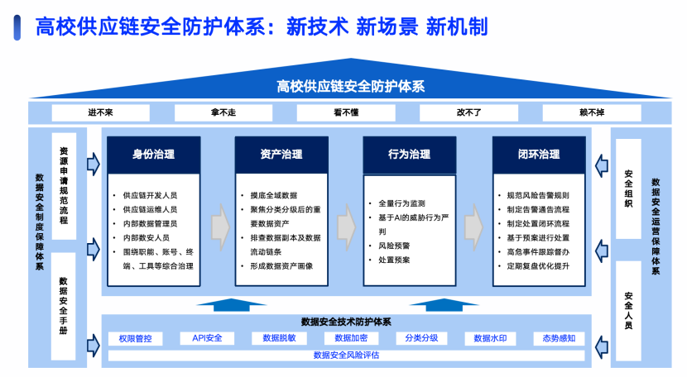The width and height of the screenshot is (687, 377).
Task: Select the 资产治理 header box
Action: coord(281,154)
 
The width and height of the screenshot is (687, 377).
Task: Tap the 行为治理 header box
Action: coord(409,154)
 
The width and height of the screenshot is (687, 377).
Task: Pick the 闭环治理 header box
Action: coord(539,154)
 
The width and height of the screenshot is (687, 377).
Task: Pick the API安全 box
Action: coord(206,338)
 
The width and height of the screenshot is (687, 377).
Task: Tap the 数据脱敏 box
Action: coord(279,338)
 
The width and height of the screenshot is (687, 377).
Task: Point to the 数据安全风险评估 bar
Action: coord(346,356)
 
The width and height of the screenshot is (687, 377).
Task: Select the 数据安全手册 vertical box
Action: coord(64,305)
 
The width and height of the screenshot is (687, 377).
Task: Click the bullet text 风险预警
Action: coord(394,246)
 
